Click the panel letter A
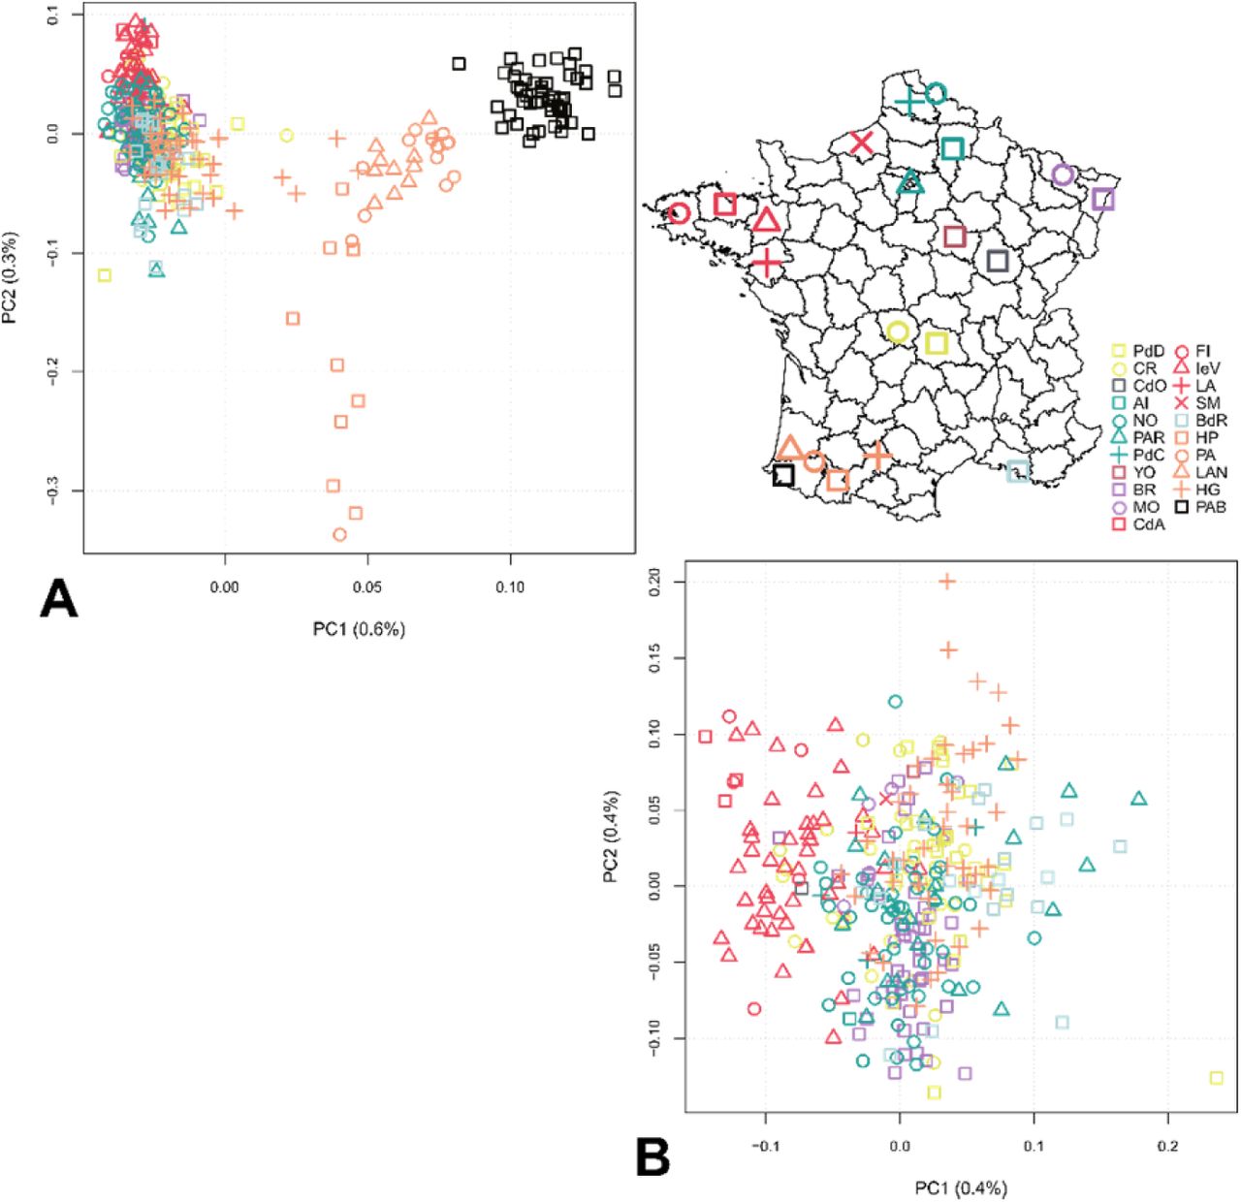(x=58, y=600)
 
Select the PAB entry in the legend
(x=1200, y=507)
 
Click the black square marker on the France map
(x=783, y=476)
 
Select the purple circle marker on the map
(x=1063, y=174)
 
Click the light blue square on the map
(x=1017, y=471)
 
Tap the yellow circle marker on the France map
(x=898, y=332)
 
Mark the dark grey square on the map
(x=998, y=261)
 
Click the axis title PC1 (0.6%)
(x=359, y=629)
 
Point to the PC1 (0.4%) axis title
(x=960, y=1187)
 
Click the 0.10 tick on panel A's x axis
(x=510, y=586)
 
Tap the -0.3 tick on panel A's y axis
(x=54, y=490)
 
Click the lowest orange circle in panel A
(x=339, y=534)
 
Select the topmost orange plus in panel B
(x=947, y=582)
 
